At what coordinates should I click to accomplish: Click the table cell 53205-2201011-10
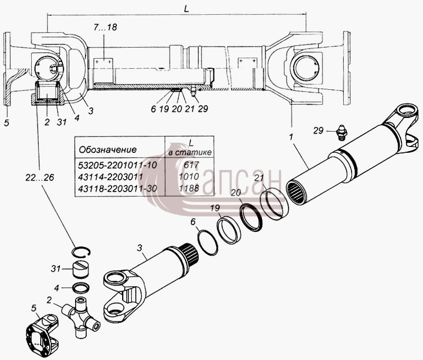117,165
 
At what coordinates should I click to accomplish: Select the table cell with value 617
191,164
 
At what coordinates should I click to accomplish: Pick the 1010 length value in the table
189,177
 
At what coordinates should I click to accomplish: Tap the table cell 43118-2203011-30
117,188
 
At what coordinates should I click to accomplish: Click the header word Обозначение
108,150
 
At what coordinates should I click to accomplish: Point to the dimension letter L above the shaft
187,9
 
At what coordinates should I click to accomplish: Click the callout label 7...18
105,27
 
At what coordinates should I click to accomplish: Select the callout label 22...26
40,178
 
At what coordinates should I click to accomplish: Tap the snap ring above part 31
81,252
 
